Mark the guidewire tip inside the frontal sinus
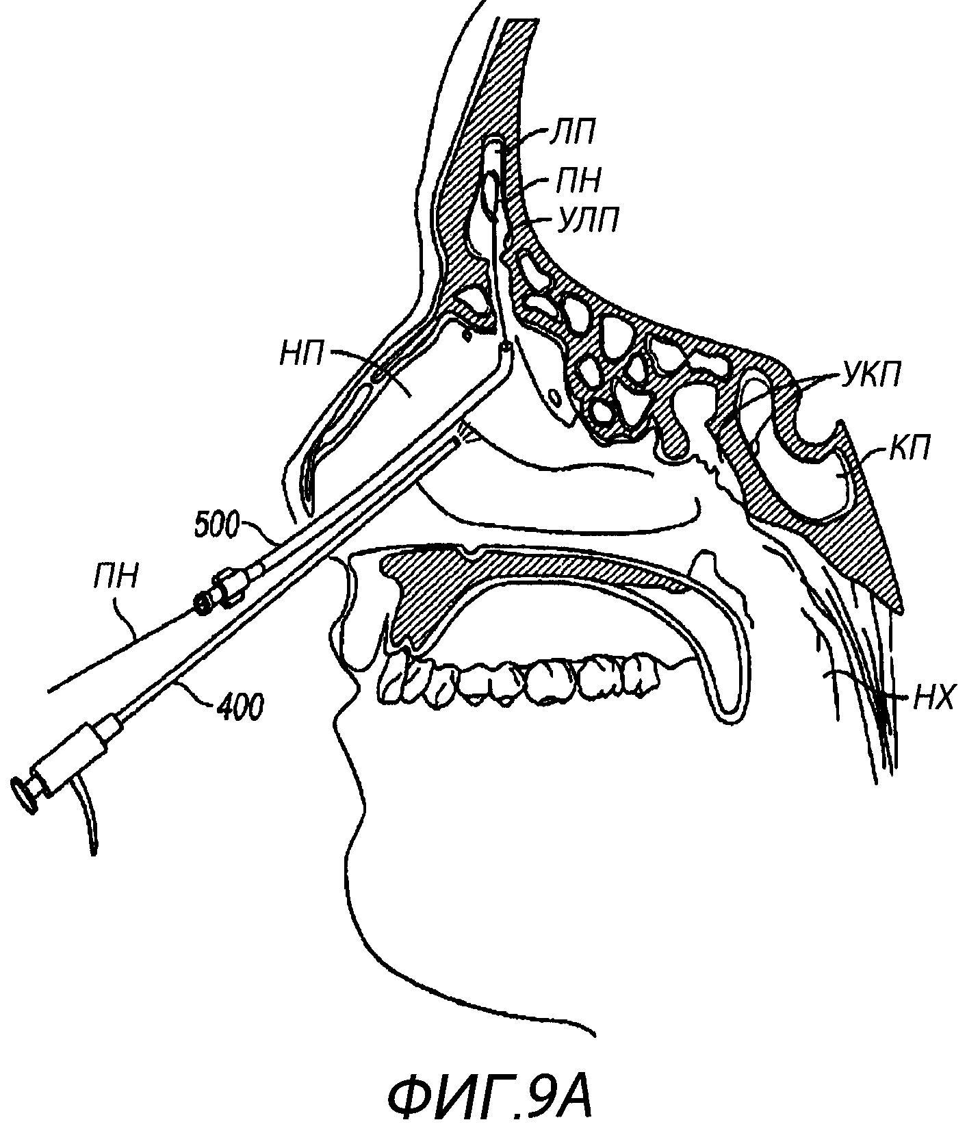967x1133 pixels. tap(490, 146)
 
